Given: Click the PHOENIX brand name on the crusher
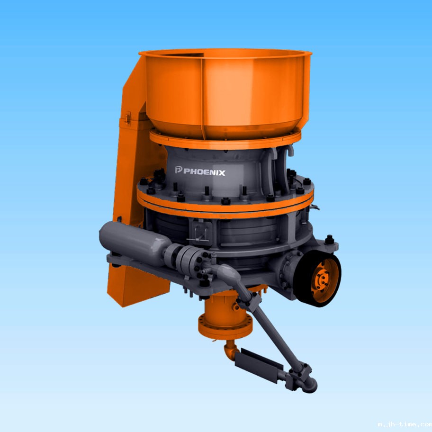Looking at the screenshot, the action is coord(204,172).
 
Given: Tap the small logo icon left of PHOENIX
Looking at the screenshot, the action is coord(179,170).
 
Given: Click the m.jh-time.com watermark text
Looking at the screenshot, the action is coord(405,424).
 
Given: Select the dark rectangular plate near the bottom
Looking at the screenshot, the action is coord(259,366).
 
